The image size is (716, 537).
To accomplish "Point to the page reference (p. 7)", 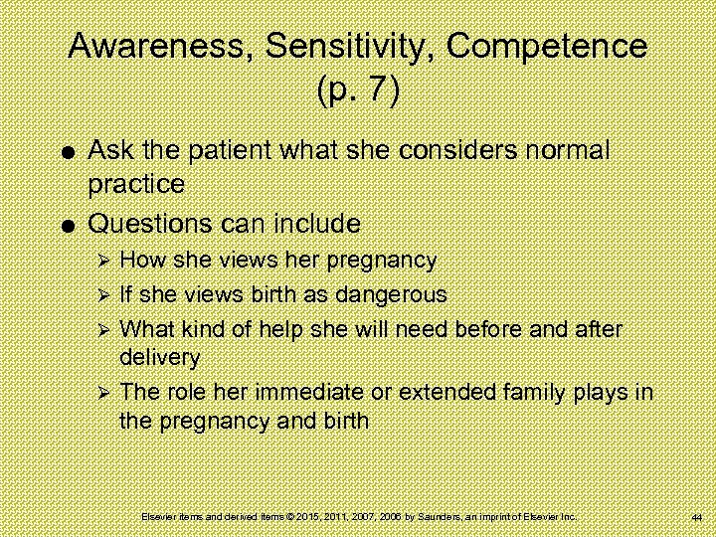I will click(358, 90).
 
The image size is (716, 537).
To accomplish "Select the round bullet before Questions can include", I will click(65, 222).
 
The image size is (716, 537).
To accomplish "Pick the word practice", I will click(136, 185).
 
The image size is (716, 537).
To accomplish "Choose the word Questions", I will click(156, 220).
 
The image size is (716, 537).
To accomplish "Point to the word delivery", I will click(160, 356).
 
